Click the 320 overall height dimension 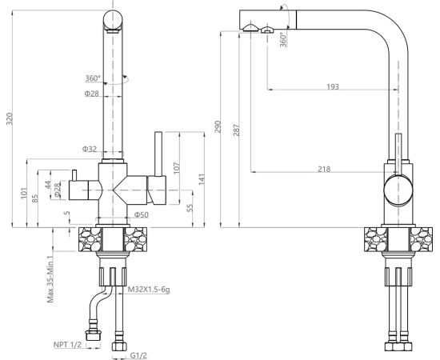(x=10, y=118)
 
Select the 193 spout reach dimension (x=333, y=86)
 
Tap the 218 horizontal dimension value (x=324, y=169)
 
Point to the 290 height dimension (x=218, y=127)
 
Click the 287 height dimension (x=237, y=130)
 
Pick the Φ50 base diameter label (x=141, y=215)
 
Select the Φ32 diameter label (x=90, y=149)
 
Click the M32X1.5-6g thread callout (x=149, y=290)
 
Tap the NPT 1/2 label (x=67, y=344)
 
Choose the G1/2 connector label (x=138, y=355)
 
